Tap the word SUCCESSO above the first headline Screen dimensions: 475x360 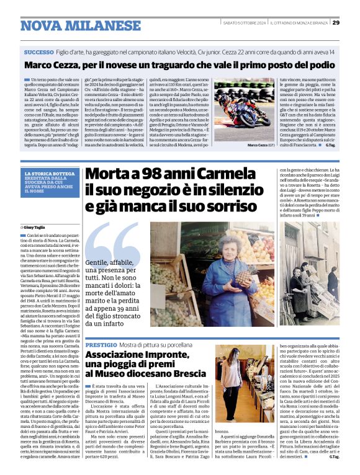(x=38, y=52)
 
